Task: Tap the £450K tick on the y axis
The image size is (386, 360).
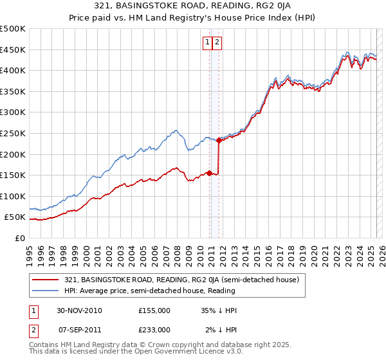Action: click(13, 50)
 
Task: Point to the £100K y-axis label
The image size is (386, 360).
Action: click(13, 196)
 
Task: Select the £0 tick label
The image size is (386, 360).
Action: click(19, 238)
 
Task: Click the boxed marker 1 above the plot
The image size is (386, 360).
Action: click(208, 42)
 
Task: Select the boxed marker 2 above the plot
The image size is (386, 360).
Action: click(217, 42)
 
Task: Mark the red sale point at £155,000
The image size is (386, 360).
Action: click(209, 173)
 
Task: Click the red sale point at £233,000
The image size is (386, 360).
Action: click(219, 140)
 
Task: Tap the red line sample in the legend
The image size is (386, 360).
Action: click(46, 280)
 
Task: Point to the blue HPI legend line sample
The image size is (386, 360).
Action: click(46, 291)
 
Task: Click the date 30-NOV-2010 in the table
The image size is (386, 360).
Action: click(79, 310)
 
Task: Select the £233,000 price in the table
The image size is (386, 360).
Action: click(154, 329)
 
